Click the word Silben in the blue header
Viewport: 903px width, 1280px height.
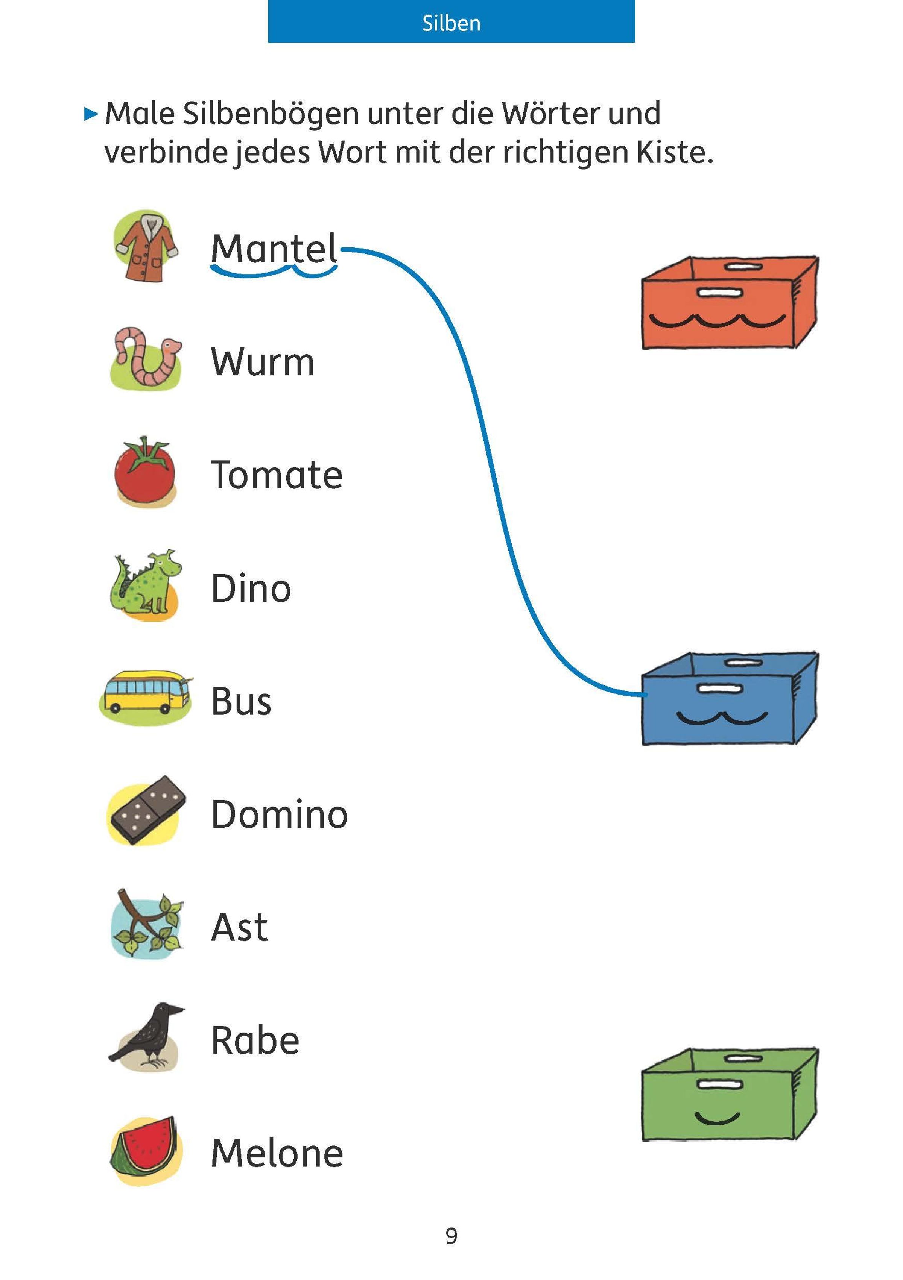[x=451, y=23]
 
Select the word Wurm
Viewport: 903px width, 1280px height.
[x=262, y=362]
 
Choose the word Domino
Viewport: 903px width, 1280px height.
[x=279, y=814]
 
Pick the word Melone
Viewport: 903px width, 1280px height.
[x=277, y=1153]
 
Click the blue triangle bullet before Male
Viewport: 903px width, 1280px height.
[x=90, y=114]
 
